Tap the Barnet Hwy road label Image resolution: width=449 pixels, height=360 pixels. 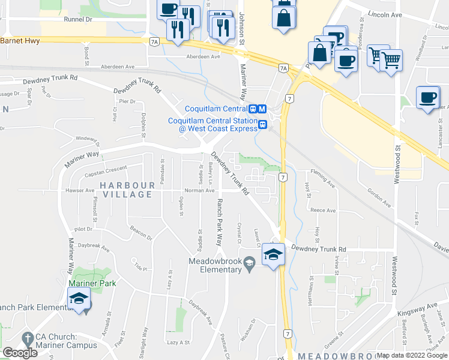[x=20, y=41]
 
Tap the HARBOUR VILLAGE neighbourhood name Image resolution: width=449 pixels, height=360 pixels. [x=126, y=190]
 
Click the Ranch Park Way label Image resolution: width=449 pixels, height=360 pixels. [x=219, y=222]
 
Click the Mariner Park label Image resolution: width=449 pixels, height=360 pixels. [x=91, y=283]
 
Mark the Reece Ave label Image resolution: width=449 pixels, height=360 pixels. [x=323, y=211]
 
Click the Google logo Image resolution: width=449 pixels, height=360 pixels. [x=20, y=353]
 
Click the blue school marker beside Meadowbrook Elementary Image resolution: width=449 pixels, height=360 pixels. [x=273, y=254]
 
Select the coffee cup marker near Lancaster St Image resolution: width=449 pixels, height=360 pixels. [x=428, y=98]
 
